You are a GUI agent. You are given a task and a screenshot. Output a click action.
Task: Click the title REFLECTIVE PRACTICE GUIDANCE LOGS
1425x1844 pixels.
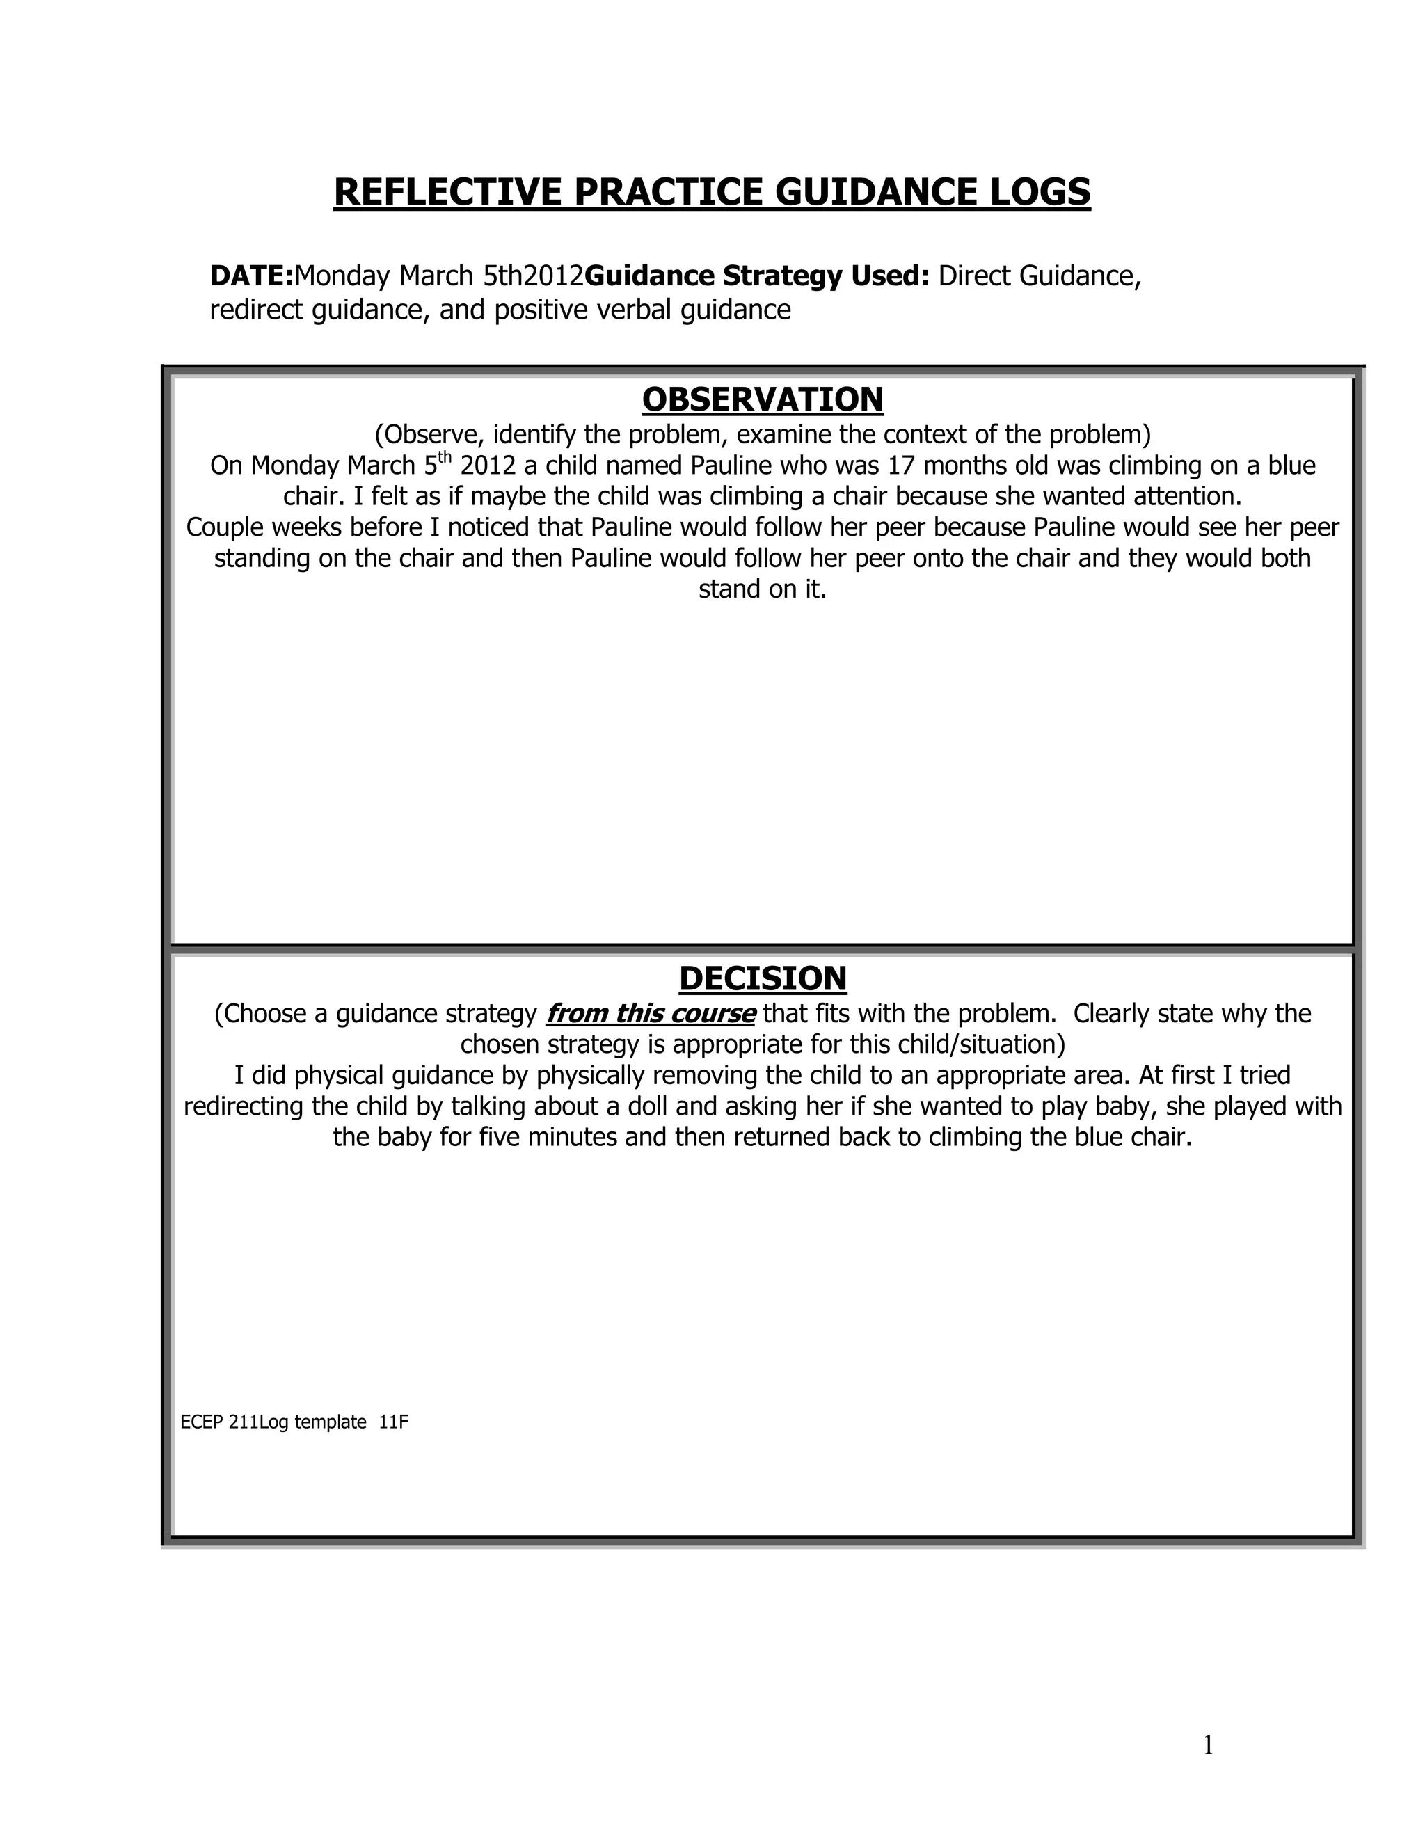712,193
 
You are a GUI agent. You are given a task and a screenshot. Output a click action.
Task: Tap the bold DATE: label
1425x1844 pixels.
250,276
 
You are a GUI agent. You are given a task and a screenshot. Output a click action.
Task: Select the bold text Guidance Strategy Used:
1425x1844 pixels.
757,276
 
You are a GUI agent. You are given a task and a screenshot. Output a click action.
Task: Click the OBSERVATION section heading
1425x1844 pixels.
763,399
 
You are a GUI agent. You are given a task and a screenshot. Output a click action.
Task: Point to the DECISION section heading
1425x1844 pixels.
763,978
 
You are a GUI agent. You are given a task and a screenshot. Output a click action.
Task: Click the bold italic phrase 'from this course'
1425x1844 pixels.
650,1013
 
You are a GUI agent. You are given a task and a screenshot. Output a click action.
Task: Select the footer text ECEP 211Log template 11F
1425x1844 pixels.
294,1422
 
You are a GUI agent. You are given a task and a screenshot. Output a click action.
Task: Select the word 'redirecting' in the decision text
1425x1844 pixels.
244,1107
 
